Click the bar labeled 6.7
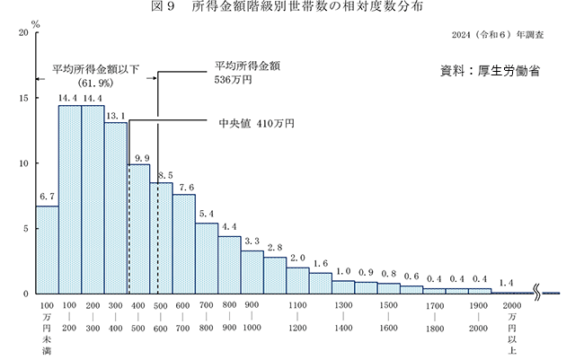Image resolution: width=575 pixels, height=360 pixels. tap(48, 250)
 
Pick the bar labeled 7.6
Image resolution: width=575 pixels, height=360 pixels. tap(184, 243)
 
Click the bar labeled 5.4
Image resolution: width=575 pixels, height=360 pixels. tap(207, 258)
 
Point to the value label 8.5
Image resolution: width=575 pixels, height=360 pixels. tap(163, 175)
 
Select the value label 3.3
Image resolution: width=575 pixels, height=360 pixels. tap(252, 241)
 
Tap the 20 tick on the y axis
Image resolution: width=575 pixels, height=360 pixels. tap(22, 33)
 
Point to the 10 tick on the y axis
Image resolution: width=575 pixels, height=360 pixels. tap(22, 163)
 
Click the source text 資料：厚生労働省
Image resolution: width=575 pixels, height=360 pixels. tap(490, 70)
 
